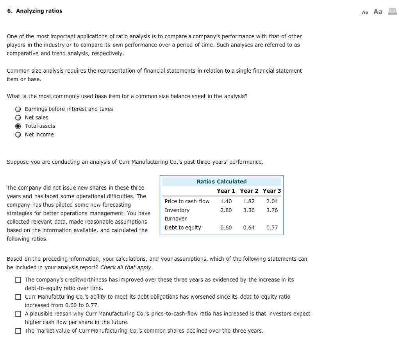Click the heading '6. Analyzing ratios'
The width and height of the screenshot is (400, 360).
35,11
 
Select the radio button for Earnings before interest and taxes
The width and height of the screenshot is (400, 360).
18,109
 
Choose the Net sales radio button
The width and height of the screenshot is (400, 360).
18,118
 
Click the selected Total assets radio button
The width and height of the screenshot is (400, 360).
18,126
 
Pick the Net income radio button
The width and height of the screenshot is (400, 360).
18,135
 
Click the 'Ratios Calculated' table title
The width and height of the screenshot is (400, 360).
221,181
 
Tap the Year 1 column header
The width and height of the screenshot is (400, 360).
226,191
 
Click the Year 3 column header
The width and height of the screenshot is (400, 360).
272,191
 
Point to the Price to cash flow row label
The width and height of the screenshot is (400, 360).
187,201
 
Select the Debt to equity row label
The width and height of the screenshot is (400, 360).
183,227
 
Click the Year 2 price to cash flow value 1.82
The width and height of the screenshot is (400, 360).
249,201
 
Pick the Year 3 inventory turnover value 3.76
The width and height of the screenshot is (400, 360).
272,210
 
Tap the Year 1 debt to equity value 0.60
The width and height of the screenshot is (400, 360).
226,227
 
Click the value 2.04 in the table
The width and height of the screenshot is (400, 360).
272,201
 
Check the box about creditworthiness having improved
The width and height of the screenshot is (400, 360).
18,280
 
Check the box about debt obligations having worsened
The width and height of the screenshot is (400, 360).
18,297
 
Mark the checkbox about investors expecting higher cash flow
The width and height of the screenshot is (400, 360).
18,314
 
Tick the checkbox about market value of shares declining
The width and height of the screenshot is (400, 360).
18,331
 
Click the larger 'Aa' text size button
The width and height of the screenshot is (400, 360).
378,12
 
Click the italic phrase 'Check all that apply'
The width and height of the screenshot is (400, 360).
126,267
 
